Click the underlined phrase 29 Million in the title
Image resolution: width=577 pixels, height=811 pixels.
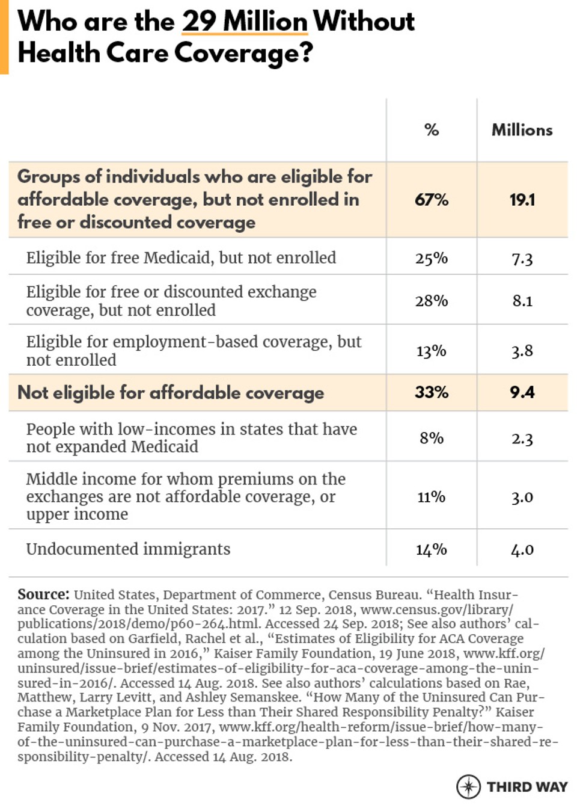(244, 22)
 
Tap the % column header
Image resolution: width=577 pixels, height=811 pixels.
(432, 130)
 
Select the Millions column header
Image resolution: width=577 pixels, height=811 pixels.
(522, 130)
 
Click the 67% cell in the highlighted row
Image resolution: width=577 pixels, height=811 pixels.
(432, 200)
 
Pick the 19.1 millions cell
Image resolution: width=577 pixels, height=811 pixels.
(522, 200)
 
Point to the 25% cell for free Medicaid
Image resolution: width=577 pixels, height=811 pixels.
(432, 258)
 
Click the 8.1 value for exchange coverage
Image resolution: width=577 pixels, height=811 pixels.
(522, 301)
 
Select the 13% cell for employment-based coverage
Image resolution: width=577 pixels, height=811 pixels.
(432, 351)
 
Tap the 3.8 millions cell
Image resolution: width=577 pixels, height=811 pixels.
(522, 351)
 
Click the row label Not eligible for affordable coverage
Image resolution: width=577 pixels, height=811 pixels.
(171, 393)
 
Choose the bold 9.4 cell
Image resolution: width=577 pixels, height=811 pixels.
(522, 392)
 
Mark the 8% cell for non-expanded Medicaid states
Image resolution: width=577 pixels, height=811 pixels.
(432, 438)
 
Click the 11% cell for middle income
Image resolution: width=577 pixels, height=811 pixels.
(432, 497)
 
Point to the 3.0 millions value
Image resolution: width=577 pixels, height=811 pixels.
(522, 497)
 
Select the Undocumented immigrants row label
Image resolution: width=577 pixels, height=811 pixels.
(128, 549)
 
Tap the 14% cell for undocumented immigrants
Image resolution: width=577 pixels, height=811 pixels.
(432, 549)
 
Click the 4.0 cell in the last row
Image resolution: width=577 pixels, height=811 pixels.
(522, 549)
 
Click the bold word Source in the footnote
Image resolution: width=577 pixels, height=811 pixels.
(43, 594)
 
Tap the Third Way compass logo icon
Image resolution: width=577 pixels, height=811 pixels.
(468, 786)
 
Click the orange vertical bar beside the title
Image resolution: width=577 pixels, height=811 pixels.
(4, 36)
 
